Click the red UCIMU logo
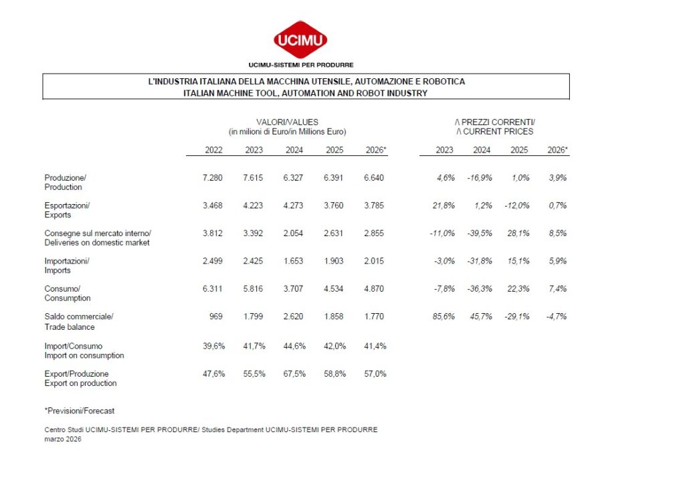[x=300, y=39]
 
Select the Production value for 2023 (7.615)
[x=253, y=178]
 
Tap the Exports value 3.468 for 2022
[x=212, y=205]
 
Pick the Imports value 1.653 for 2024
[x=293, y=261]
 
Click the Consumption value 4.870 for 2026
[x=374, y=289]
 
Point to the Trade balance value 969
[x=216, y=316]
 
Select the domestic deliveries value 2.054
[x=293, y=233]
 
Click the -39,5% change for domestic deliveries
[x=480, y=233]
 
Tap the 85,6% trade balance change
[x=444, y=316]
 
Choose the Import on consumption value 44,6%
[x=294, y=346]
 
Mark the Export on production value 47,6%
[x=213, y=374]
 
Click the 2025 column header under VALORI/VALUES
[x=334, y=150]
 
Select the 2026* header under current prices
[x=558, y=150]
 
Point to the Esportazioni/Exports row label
[x=67, y=210]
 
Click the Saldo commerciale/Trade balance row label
[x=79, y=322]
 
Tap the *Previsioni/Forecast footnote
[x=80, y=411]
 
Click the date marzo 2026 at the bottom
[x=63, y=440]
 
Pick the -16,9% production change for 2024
[x=480, y=178]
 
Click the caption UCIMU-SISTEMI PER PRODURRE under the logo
[x=301, y=65]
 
